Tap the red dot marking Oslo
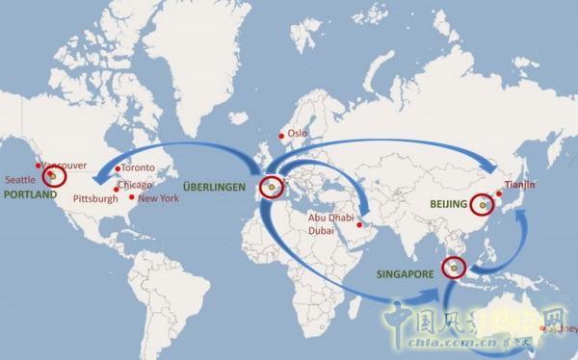tap(280, 135)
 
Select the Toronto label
tap(137, 167)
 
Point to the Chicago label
tap(136, 185)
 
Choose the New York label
tap(159, 198)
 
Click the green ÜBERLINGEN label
tap(215, 185)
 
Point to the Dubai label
tap(325, 230)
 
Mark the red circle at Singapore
tap(453, 269)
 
